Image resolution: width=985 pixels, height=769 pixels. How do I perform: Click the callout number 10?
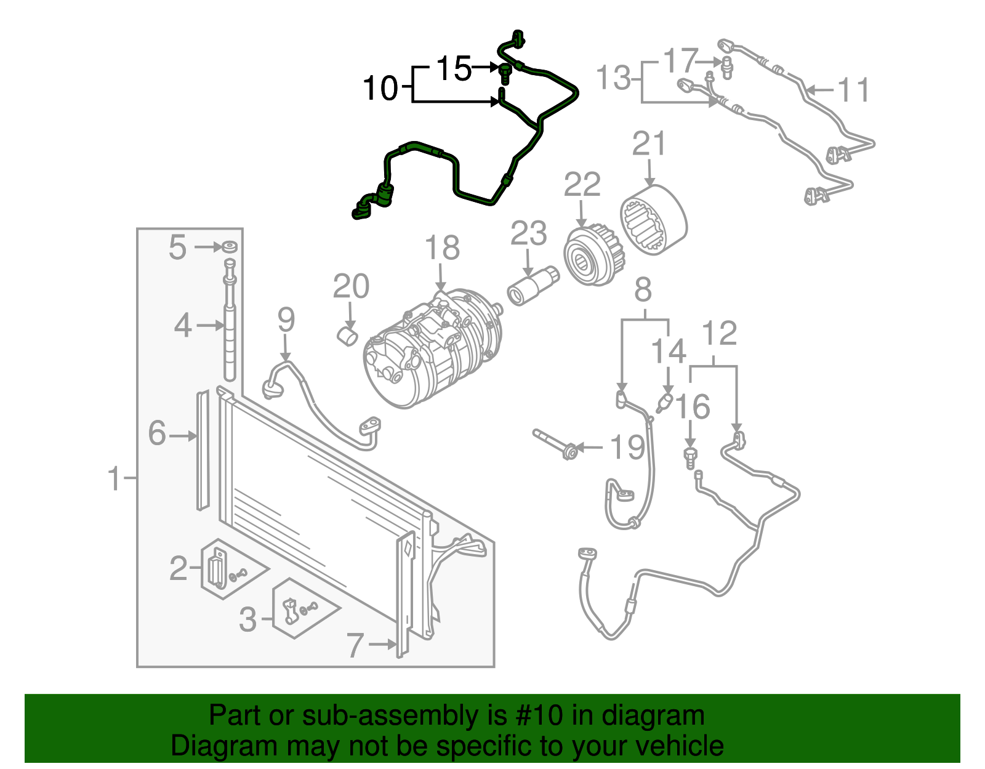click(x=381, y=88)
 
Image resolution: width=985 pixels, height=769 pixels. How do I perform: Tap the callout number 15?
click(x=454, y=68)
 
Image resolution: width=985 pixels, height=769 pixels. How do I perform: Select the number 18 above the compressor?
click(x=442, y=248)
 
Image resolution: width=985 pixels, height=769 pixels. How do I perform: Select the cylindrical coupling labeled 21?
click(x=653, y=220)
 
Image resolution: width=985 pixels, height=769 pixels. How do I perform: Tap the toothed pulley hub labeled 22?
click(x=592, y=257)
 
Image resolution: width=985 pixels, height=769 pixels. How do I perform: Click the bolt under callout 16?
click(x=691, y=457)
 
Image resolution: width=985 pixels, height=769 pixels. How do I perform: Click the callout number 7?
click(x=356, y=645)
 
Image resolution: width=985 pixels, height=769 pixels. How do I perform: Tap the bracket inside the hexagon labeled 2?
click(x=217, y=570)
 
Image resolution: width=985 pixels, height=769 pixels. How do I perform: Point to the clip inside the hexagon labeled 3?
click(x=289, y=610)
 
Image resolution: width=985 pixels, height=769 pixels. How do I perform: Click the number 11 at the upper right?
click(x=853, y=91)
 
